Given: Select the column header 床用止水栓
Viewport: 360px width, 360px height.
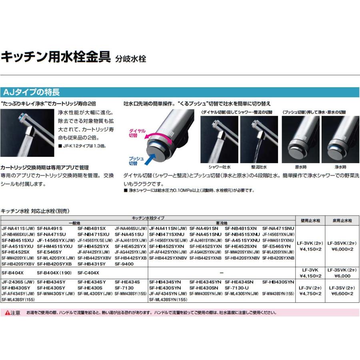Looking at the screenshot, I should (342, 220).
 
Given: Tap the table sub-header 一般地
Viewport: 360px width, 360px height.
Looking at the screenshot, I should (74, 223).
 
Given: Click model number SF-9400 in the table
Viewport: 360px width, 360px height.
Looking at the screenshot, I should (124, 264).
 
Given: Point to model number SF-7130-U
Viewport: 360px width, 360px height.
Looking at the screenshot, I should (237, 288).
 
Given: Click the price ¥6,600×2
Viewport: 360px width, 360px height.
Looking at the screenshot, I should (342, 294).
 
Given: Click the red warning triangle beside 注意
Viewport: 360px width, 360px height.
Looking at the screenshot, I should (7, 313).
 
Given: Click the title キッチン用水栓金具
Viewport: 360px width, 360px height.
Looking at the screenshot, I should (56, 56).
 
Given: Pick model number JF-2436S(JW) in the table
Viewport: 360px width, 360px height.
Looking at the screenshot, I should (18, 282).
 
